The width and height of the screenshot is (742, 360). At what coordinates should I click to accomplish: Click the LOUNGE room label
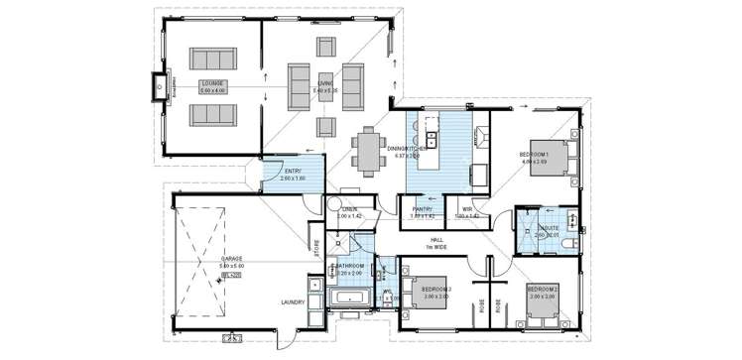[x=211, y=85]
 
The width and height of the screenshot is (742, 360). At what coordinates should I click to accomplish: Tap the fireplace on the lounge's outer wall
[x=158, y=87]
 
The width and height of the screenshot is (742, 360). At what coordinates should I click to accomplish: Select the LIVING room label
[x=325, y=85]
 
